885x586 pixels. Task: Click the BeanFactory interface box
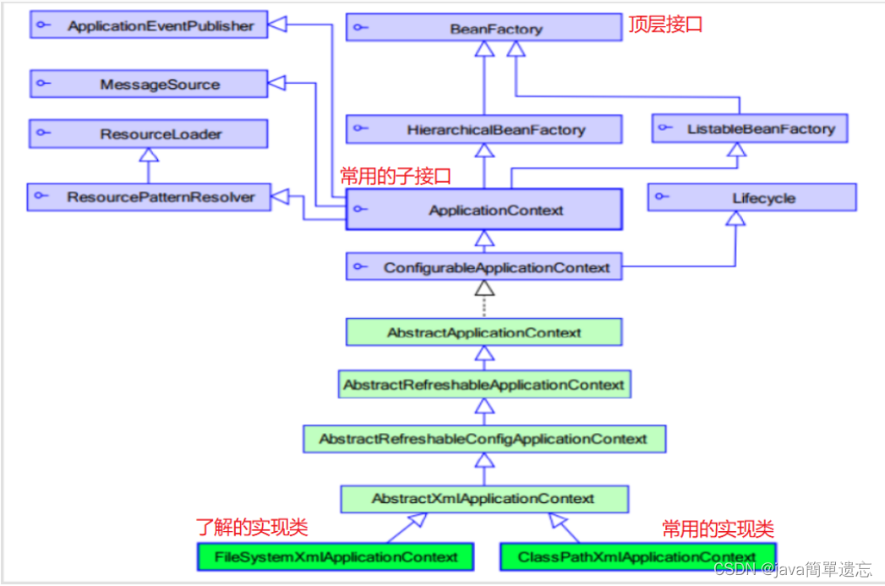[x=483, y=28]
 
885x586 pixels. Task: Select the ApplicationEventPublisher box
[x=148, y=25]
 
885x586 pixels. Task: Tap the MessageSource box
[x=148, y=85]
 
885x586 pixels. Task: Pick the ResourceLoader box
[x=148, y=134]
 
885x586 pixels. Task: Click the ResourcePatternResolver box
[x=148, y=197]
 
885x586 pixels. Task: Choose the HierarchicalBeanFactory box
[x=483, y=129]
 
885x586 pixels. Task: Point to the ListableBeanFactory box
[x=750, y=129]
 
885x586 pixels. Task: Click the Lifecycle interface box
[x=752, y=198]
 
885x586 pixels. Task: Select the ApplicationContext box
[x=483, y=210]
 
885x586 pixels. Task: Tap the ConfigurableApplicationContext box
[x=483, y=267]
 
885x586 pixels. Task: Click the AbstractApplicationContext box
[x=483, y=332]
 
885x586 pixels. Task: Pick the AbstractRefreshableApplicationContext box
[x=483, y=385]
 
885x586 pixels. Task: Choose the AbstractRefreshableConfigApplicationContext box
[x=483, y=439]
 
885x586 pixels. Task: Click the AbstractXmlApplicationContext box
[x=483, y=499]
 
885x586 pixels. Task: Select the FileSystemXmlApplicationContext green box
[x=336, y=556]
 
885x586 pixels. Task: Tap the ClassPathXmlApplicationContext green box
[x=636, y=556]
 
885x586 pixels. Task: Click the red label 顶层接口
[x=665, y=25]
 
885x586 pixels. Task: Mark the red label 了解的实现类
[x=252, y=528]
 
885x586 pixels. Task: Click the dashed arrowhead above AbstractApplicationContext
[x=483, y=288]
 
